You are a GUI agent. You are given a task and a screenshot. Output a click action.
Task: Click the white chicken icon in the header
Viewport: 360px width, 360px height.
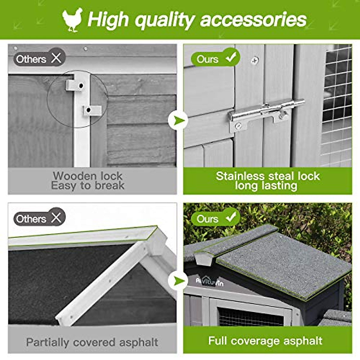[x=73, y=20]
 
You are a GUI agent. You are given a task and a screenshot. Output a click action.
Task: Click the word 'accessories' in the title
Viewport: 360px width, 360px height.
[x=253, y=20]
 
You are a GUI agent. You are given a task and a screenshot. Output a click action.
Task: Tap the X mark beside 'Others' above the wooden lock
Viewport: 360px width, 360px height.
[x=56, y=58]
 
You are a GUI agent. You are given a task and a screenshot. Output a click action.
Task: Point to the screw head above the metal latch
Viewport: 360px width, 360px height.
[x=255, y=60]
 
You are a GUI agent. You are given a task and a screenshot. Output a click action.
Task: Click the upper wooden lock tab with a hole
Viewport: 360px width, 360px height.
[x=75, y=85]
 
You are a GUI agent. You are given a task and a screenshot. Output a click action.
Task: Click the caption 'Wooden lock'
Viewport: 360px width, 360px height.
[x=88, y=176]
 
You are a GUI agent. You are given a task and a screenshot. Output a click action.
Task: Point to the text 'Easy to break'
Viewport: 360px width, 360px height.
[x=88, y=186]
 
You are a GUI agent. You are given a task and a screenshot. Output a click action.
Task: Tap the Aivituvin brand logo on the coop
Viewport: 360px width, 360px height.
[x=210, y=281]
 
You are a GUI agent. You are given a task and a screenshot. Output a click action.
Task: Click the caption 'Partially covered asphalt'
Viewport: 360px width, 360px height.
[x=92, y=342]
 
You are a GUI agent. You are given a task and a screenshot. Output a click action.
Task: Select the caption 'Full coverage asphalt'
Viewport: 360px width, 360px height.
[x=265, y=341]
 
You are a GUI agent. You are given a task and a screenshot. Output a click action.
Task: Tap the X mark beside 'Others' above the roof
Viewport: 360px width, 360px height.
[x=56, y=217]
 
